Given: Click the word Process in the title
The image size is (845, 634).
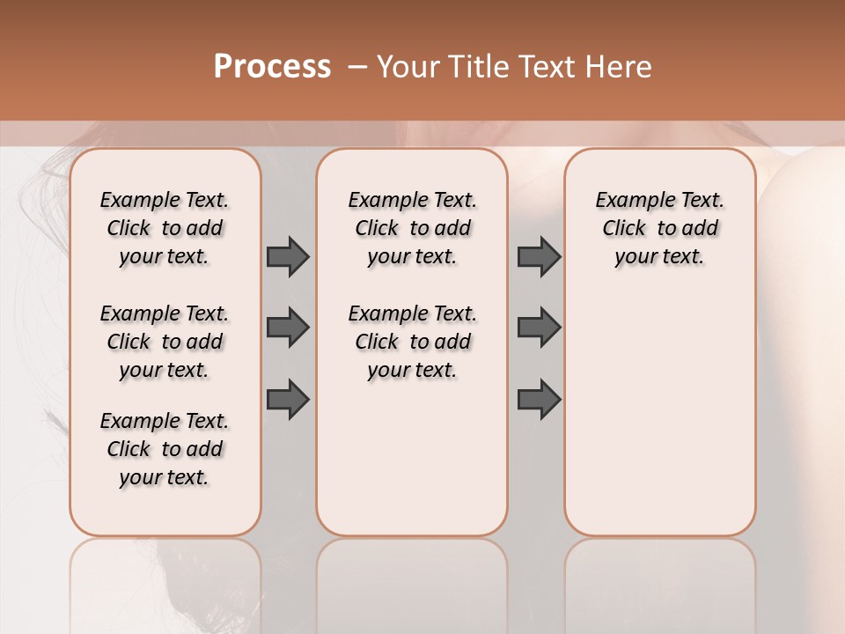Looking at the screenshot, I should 272,66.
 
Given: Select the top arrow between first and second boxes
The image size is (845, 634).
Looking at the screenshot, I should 288,256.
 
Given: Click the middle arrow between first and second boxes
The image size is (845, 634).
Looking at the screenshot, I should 288,328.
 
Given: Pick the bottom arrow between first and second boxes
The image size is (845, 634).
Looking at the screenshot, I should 288,400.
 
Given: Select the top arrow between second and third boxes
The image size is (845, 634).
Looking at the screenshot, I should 539,256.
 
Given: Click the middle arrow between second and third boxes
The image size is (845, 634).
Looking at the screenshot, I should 539,328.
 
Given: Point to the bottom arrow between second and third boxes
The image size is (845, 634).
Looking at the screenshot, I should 539,400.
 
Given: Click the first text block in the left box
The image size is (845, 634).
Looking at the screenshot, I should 165,228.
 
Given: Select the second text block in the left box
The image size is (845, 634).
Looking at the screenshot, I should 165,342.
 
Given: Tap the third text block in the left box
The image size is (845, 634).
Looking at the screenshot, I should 165,449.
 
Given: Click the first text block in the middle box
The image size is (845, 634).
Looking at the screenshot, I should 412,228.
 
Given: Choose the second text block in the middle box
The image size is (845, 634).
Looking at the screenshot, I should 412,342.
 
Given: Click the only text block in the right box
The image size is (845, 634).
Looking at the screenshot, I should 660,228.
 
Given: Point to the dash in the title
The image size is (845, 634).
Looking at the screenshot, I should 357,66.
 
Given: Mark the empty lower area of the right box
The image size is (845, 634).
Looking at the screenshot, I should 660,414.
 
